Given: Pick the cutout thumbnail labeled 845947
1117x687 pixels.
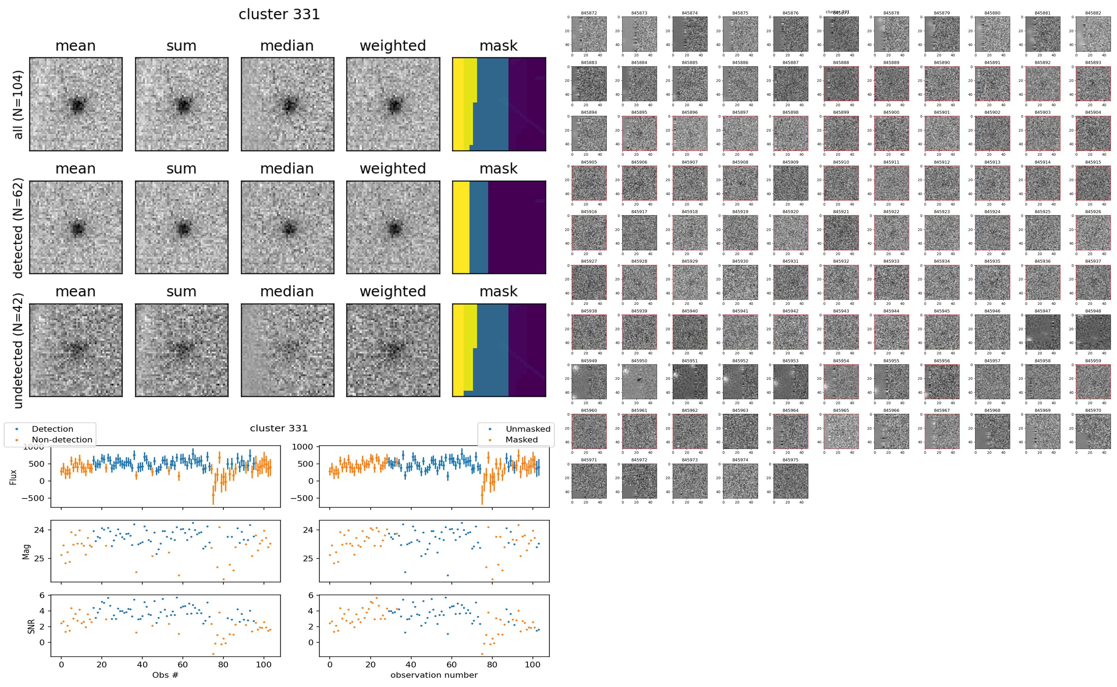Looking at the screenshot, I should point(1043,332).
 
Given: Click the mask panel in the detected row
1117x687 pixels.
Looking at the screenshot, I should point(499,227).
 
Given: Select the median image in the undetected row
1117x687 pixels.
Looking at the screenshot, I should point(287,350).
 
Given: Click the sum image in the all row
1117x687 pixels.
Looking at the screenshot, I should point(182,104).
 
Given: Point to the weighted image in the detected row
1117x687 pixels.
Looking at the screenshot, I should point(393,227).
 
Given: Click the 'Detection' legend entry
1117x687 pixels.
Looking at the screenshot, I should point(52,429).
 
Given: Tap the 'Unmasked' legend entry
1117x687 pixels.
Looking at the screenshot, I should point(528,429).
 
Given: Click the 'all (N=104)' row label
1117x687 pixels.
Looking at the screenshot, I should point(18,104).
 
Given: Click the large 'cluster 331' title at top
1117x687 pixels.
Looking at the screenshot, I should point(279,14).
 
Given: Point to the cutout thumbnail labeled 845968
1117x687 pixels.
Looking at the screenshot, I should point(992,431).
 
